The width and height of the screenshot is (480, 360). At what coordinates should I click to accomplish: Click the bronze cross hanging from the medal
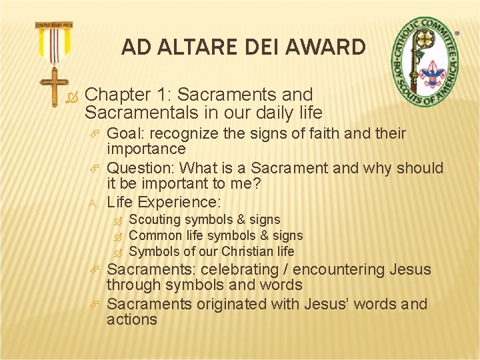point(54,86)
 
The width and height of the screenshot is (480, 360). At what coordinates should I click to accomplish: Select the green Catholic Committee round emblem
point(425,63)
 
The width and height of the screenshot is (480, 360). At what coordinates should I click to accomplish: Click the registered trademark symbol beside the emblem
point(457,32)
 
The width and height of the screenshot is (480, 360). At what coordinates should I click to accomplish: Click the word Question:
point(141,168)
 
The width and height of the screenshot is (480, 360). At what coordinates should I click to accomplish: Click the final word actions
point(132,319)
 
